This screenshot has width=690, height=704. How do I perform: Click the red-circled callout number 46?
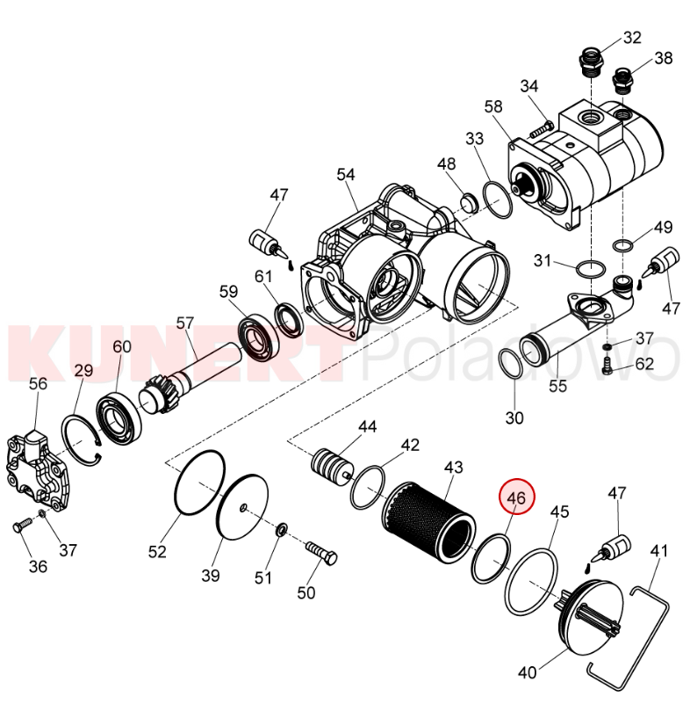516,497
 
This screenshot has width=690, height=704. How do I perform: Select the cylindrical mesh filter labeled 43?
430,522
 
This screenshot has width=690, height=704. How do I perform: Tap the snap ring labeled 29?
81,440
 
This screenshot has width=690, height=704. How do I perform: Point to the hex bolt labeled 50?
321,554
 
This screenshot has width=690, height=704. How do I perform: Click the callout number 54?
346,175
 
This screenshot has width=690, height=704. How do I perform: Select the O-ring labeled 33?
498,200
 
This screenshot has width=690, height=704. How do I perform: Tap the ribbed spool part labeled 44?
332,465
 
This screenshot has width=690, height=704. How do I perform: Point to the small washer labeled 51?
282,529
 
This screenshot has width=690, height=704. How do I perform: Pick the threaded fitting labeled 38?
623,80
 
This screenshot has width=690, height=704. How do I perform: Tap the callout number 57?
184,323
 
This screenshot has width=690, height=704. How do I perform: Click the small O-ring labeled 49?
622,245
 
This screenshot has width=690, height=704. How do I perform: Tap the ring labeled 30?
511,363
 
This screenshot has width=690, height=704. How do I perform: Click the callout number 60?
121,346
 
